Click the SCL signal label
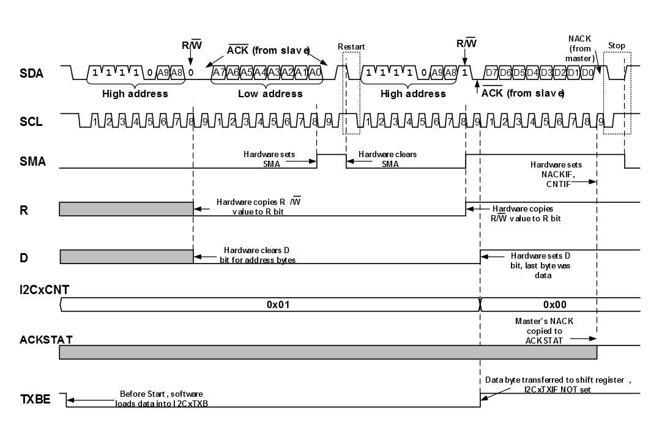coord(31,122)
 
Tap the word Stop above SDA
coord(616,46)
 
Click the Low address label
coord(270,94)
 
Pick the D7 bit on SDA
coord(491,73)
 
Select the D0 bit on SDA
coord(586,73)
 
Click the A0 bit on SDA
coord(314,73)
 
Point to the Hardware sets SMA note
coord(269,158)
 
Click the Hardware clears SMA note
coord(387,158)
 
